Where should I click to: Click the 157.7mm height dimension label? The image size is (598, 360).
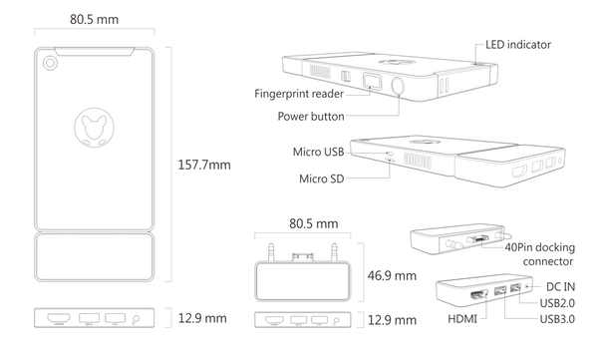[204, 165]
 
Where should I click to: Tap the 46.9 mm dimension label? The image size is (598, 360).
[392, 275]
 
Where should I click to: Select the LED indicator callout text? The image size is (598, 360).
[518, 45]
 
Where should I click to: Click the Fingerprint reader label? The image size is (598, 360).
[299, 94]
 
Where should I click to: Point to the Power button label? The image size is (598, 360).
[311, 117]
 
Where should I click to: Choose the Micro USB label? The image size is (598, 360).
[319, 152]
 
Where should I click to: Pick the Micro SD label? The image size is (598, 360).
[322, 179]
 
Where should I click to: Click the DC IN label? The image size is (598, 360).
[560, 286]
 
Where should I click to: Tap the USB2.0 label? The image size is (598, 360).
[557, 303]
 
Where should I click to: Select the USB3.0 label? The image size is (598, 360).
[557, 319]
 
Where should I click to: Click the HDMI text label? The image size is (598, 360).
[462, 319]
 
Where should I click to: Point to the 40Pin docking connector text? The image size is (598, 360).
[540, 254]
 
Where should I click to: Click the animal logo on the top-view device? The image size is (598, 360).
[95, 127]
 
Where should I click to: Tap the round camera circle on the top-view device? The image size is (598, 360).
[50, 63]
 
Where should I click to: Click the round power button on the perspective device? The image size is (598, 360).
[398, 86]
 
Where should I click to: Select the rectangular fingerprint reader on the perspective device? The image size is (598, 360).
[372, 81]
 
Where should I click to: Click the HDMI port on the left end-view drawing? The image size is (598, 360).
[59, 318]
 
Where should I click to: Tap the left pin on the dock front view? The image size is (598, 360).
[271, 252]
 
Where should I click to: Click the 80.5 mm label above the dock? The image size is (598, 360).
[314, 223]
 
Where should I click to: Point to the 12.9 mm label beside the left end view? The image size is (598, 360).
[202, 318]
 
